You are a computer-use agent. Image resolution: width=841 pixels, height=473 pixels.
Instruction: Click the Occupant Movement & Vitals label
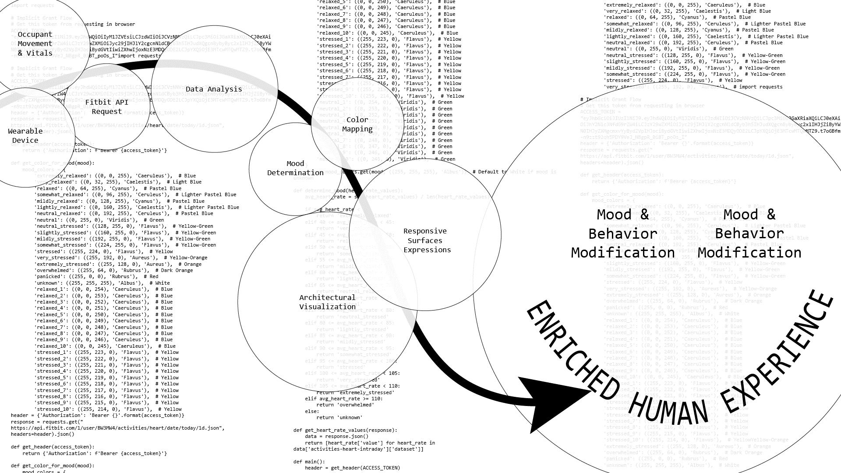[x=35, y=44]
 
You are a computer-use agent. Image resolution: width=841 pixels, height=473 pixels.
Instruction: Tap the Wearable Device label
[x=25, y=136]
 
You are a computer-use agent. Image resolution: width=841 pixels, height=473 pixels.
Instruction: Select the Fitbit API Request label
[x=107, y=107]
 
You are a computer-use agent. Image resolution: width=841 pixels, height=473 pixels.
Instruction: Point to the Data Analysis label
[x=214, y=89]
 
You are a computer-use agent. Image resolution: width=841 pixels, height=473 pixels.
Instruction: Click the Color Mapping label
[x=357, y=124]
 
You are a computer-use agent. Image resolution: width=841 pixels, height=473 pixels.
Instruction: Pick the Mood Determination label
[x=295, y=168]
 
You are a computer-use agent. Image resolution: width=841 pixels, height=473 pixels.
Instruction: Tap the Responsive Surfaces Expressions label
[x=427, y=240]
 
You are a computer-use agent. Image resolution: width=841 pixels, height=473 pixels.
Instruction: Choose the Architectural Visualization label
[x=327, y=302]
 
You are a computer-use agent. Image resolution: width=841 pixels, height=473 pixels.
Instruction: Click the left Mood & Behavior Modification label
[x=622, y=234]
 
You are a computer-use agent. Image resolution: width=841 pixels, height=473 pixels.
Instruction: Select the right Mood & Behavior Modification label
[x=749, y=234]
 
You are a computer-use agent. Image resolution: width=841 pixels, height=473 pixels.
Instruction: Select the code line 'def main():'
[x=309, y=462]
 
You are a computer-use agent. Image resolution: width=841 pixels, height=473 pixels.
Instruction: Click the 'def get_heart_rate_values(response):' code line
[x=345, y=430]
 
